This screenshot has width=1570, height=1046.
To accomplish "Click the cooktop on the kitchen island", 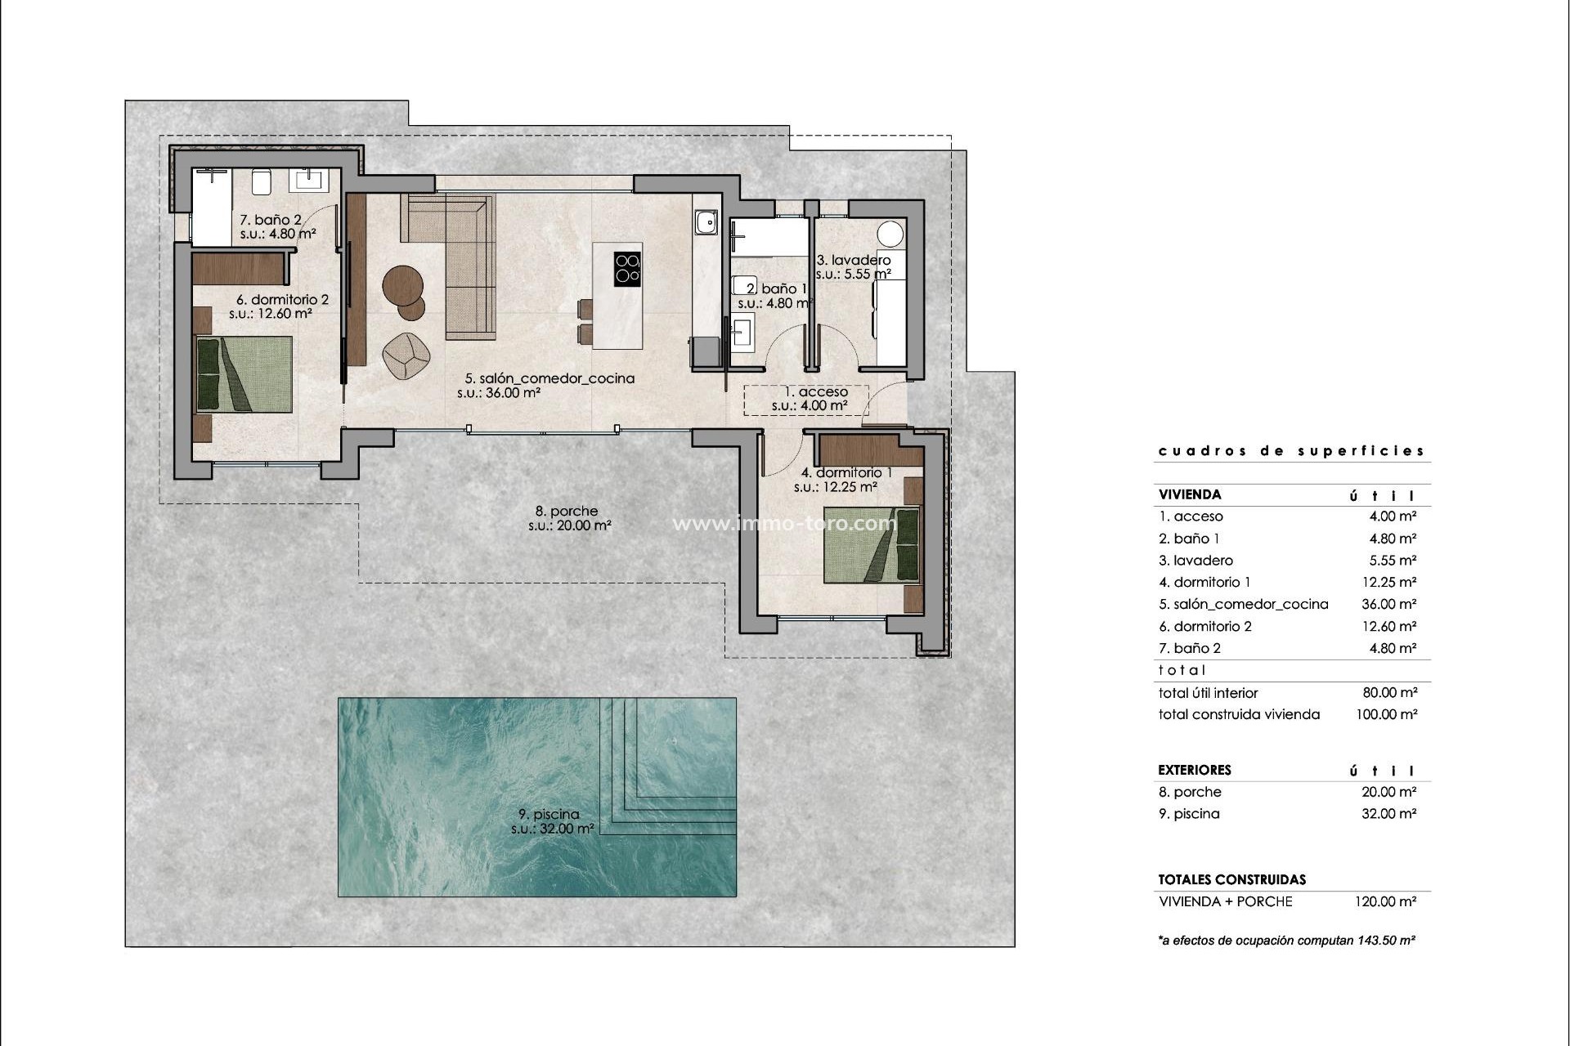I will (627, 268).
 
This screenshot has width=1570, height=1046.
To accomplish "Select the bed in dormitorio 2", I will (244, 374).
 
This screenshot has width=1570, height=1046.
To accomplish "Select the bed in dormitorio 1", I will (871, 544).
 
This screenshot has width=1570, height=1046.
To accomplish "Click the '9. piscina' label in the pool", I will (549, 814).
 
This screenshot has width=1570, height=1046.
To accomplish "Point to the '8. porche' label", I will (568, 512).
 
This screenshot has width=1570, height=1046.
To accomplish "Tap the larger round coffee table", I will (402, 285).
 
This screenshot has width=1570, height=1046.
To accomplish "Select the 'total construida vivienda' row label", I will (1239, 714).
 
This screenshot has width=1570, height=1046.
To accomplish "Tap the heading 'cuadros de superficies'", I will (1291, 451).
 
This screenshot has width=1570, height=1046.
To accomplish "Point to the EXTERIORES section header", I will (1194, 770).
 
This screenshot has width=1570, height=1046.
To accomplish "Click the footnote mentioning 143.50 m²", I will (1286, 941).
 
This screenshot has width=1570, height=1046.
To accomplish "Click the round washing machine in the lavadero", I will (891, 233).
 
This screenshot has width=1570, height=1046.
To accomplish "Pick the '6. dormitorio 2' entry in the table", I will (1204, 626).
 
